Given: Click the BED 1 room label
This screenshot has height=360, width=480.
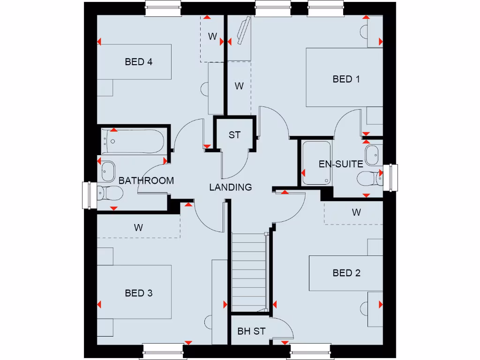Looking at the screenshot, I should coord(346,79).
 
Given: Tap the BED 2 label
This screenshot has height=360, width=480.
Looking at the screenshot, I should coord(346,273).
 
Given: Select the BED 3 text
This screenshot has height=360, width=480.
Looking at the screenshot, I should coord(139,293).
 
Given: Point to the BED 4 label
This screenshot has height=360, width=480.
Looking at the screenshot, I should coord(139,61).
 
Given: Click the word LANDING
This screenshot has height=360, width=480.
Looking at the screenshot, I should coord(230,187).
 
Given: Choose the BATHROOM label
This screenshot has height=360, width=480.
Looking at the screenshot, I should coord(146,180).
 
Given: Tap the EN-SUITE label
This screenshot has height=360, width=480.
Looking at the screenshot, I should coord(341,164).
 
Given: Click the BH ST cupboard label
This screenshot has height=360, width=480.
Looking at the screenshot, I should coord(251,331).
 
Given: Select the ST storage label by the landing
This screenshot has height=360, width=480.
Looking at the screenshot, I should coord(234,135).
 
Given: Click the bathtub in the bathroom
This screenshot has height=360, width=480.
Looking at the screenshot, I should coord(134,141).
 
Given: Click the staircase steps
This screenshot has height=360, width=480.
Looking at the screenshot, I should coord(249,272).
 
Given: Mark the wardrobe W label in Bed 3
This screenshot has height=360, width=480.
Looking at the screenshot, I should coord(138,228).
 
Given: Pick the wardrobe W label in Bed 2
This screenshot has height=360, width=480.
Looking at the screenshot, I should coord(356,212).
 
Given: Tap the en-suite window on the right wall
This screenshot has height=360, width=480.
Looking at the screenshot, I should coord(390,178).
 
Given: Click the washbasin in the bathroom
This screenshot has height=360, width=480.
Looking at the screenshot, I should coord(108,171).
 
